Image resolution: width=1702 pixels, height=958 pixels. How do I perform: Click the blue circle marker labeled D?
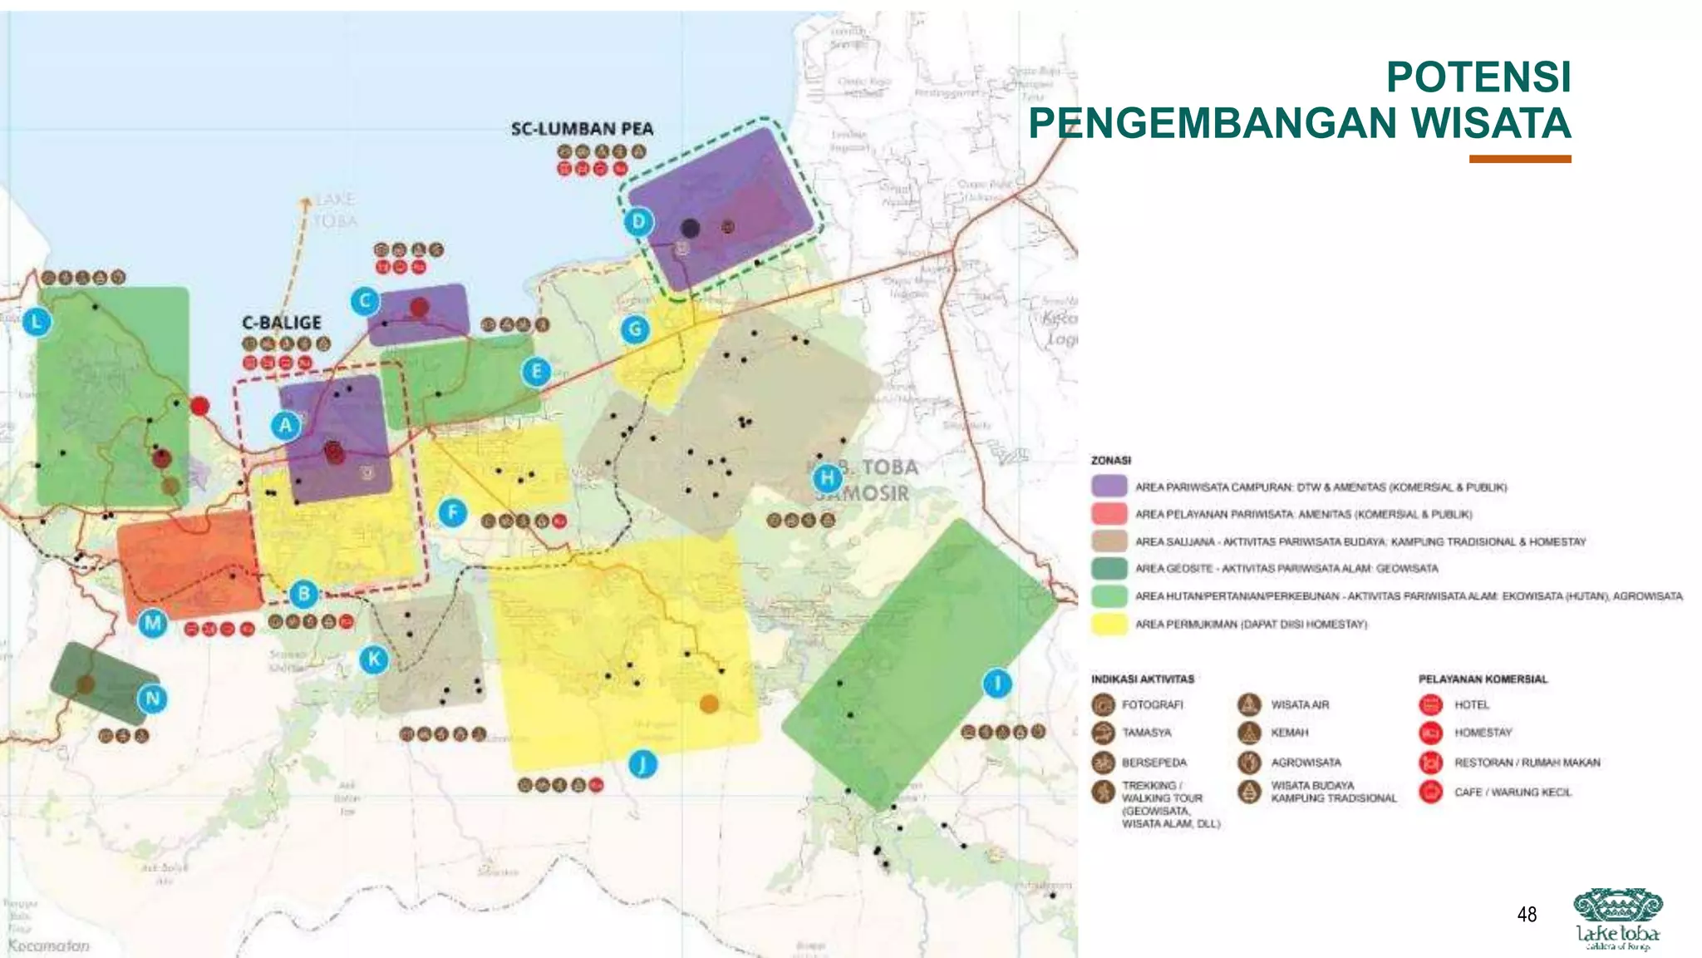(x=638, y=221)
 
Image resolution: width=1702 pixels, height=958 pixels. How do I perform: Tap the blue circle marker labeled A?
(x=286, y=426)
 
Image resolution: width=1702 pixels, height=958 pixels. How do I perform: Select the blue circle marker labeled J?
(x=642, y=763)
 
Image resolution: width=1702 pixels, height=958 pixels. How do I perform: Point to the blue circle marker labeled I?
(x=997, y=684)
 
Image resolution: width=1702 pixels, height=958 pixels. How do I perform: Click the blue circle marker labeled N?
(x=152, y=699)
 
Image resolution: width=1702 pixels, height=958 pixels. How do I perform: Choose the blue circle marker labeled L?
(x=37, y=322)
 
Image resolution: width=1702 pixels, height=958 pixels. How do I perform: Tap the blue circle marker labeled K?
(x=374, y=659)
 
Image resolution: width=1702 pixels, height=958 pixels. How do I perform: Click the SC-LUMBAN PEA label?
(x=582, y=129)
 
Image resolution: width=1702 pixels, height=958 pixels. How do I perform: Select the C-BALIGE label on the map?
(x=282, y=323)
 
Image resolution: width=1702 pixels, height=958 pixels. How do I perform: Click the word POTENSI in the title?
(x=1478, y=77)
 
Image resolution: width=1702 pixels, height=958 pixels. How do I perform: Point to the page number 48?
(x=1527, y=915)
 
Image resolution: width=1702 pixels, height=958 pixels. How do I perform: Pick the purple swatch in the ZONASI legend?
(x=1109, y=486)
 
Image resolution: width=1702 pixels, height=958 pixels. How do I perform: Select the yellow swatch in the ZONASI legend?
(x=1109, y=624)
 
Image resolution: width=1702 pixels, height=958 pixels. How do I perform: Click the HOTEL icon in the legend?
(x=1430, y=704)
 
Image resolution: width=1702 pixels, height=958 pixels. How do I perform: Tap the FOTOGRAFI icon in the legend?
(x=1103, y=704)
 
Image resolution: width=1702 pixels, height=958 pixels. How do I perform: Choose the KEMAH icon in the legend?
(x=1249, y=733)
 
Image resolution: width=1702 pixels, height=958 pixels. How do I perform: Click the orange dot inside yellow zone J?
(x=709, y=704)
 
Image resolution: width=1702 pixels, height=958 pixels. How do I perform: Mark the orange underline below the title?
(x=1519, y=159)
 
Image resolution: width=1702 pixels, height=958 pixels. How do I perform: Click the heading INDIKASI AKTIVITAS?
(x=1143, y=679)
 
